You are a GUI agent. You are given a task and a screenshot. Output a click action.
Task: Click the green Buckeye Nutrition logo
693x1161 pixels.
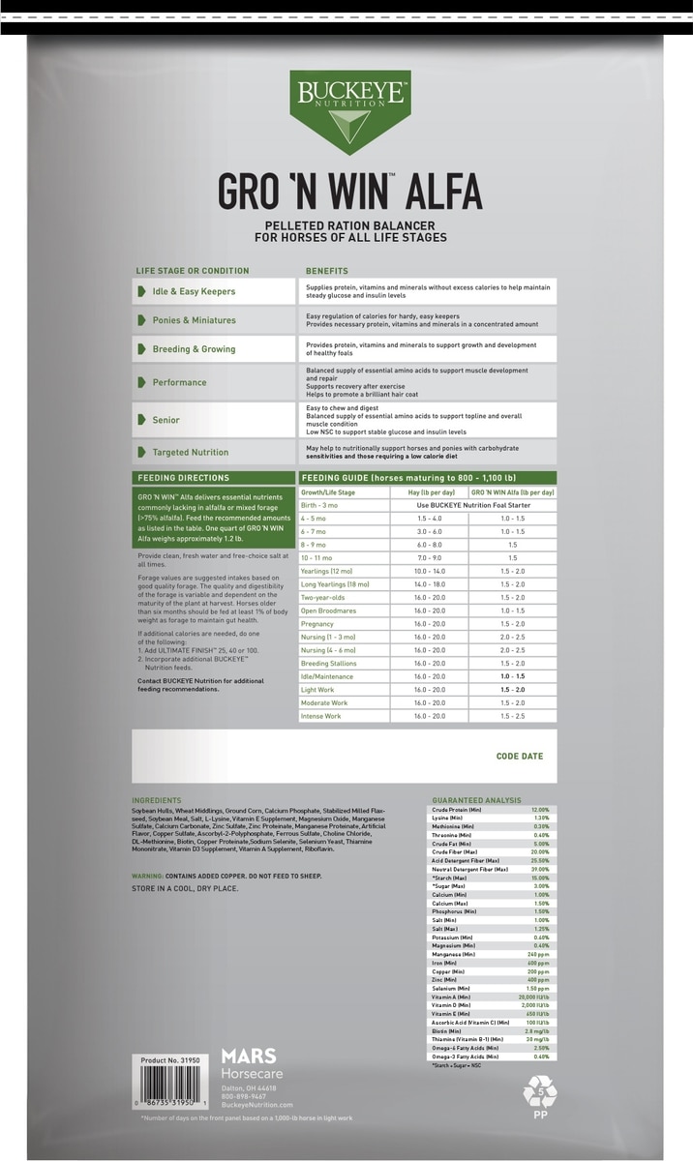(349, 111)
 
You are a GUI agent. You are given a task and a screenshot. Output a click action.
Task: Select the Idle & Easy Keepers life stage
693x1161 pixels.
(194, 291)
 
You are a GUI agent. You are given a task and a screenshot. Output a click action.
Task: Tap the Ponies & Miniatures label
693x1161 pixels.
(194, 320)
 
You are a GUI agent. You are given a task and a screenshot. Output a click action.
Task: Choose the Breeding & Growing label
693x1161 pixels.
(194, 349)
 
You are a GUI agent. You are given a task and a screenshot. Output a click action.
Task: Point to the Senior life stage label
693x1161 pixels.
(166, 420)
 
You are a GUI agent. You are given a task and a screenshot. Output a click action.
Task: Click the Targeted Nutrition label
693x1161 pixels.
(191, 452)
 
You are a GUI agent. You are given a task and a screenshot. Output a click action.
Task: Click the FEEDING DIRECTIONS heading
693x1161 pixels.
(183, 478)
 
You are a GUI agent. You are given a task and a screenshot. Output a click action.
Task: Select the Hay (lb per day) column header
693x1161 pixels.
(429, 492)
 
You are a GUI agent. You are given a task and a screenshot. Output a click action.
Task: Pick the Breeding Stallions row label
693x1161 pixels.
(329, 664)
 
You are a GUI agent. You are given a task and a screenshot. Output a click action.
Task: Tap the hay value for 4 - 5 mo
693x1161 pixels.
(429, 519)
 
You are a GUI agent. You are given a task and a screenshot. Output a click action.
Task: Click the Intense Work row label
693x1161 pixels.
(321, 716)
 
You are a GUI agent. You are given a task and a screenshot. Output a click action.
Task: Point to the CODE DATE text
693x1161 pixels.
(519, 757)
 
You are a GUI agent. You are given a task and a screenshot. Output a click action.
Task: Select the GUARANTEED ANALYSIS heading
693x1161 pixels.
(476, 800)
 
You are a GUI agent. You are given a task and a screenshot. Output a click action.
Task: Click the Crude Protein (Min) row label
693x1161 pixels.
(457, 809)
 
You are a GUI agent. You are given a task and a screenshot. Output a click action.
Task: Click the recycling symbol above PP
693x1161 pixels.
(539, 1090)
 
